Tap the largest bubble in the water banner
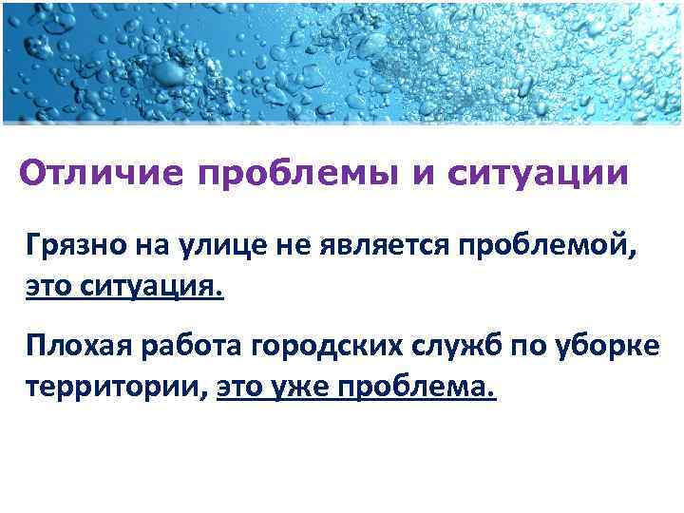click(169, 70)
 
